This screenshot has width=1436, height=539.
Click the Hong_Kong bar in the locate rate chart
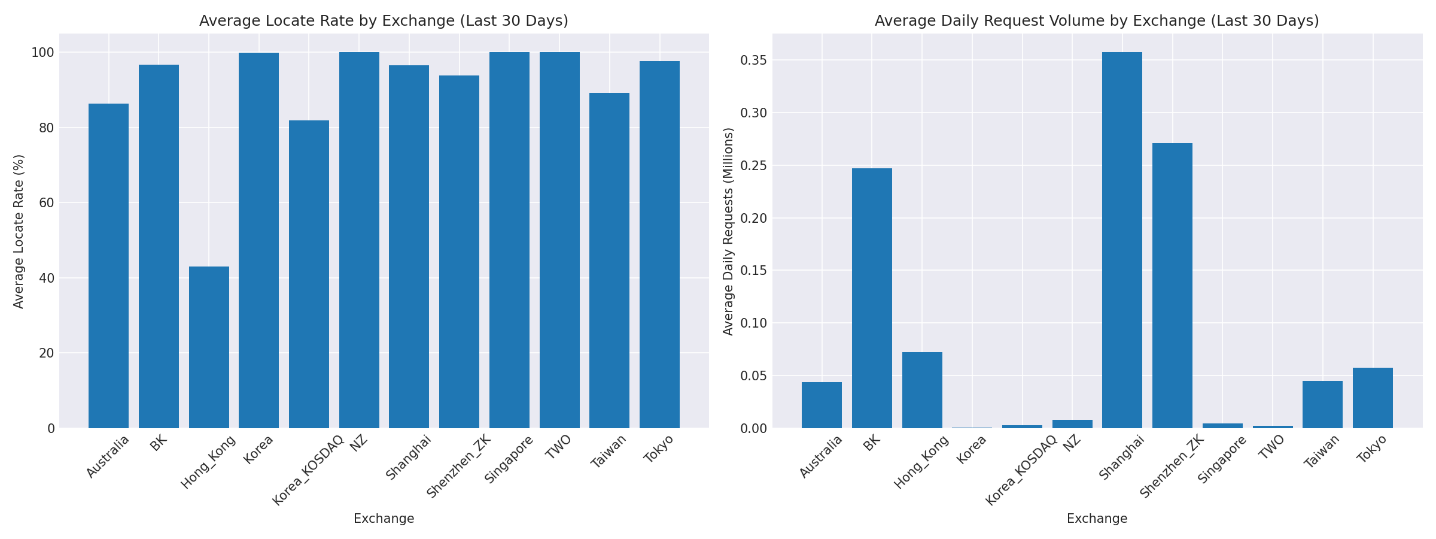tap(209, 347)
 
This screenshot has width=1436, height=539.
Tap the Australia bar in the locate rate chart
tap(108, 266)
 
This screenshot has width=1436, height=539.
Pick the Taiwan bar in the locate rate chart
tap(609, 261)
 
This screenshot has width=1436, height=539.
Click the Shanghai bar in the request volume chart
tap(1122, 240)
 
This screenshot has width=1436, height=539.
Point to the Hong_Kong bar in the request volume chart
tap(922, 390)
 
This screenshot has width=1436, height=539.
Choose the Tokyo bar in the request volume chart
tap(1373, 398)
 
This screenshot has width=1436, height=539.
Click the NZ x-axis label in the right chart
tap(1073, 441)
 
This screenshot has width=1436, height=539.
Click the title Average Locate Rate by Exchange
tap(384, 21)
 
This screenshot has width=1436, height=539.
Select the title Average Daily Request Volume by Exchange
tap(1097, 21)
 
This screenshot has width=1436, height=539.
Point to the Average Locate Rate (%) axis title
tap(19, 231)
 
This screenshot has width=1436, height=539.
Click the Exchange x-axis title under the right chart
tap(1097, 519)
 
